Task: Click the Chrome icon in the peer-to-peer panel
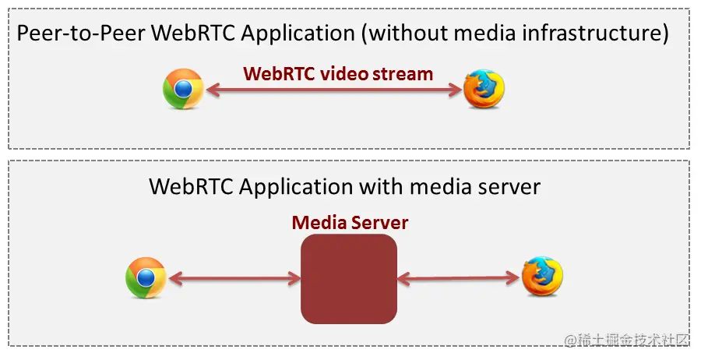point(183,90)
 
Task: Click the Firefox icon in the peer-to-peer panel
point(484,90)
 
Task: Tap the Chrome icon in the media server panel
point(146,277)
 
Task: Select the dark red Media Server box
point(349,278)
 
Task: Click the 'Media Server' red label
point(350,223)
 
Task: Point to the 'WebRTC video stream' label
point(337,74)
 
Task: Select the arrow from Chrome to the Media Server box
point(234,277)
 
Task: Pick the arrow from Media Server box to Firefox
point(459,277)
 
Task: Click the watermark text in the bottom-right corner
point(627,341)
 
